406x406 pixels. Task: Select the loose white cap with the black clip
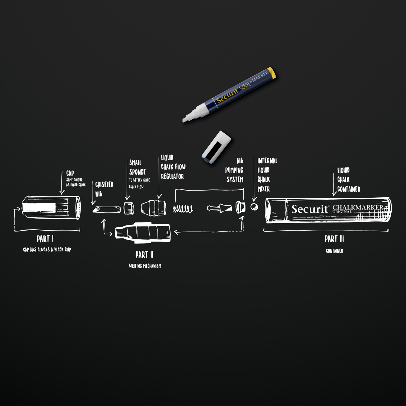[x=217, y=147]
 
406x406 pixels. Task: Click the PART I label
[x=45, y=239]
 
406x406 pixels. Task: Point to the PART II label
[x=144, y=255]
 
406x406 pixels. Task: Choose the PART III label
[x=334, y=239]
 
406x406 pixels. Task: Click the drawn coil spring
[x=183, y=209]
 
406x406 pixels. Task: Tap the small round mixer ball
[x=254, y=207]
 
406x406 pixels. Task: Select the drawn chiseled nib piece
[x=107, y=209]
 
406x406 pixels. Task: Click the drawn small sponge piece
[x=129, y=208]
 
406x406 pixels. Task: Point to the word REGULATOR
[x=172, y=177]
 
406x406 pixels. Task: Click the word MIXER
[x=264, y=189]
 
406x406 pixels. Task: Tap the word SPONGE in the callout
[x=137, y=172]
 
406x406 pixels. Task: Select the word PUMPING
[x=234, y=170]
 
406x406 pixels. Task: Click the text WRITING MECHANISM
[x=145, y=266]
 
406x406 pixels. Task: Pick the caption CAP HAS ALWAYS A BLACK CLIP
[x=47, y=250]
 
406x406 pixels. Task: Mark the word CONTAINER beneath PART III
[x=335, y=251]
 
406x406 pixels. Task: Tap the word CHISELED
[x=104, y=185]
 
